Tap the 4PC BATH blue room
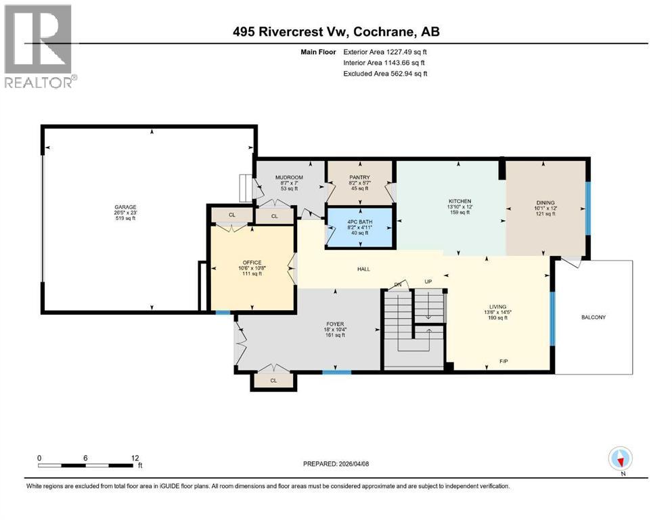coord(359,227)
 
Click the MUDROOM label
coord(288,177)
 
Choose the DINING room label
coord(545,202)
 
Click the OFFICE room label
coord(252,263)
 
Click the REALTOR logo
coord(40,46)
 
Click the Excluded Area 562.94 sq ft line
coord(386,73)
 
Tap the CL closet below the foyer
coord(273,381)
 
